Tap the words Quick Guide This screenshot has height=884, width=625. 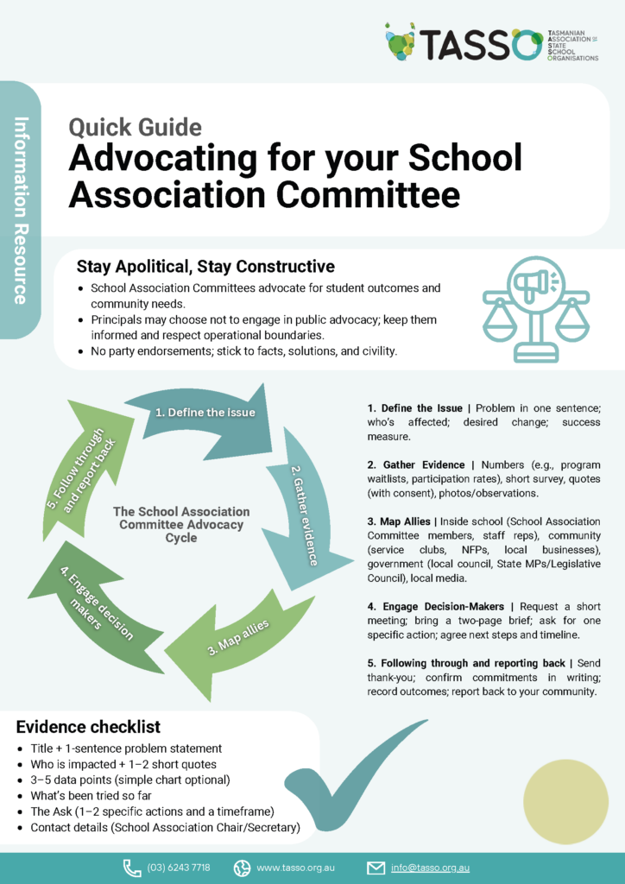click(135, 128)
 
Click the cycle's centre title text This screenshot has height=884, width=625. click(181, 525)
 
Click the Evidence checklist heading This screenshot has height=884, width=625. click(88, 727)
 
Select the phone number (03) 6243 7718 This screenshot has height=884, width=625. click(179, 867)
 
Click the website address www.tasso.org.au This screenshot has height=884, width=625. click(295, 867)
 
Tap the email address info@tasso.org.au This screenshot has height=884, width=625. click(429, 867)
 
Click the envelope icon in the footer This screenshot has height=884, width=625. click(376, 867)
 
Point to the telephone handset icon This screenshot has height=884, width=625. click(132, 867)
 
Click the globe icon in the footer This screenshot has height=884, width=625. click(242, 867)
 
